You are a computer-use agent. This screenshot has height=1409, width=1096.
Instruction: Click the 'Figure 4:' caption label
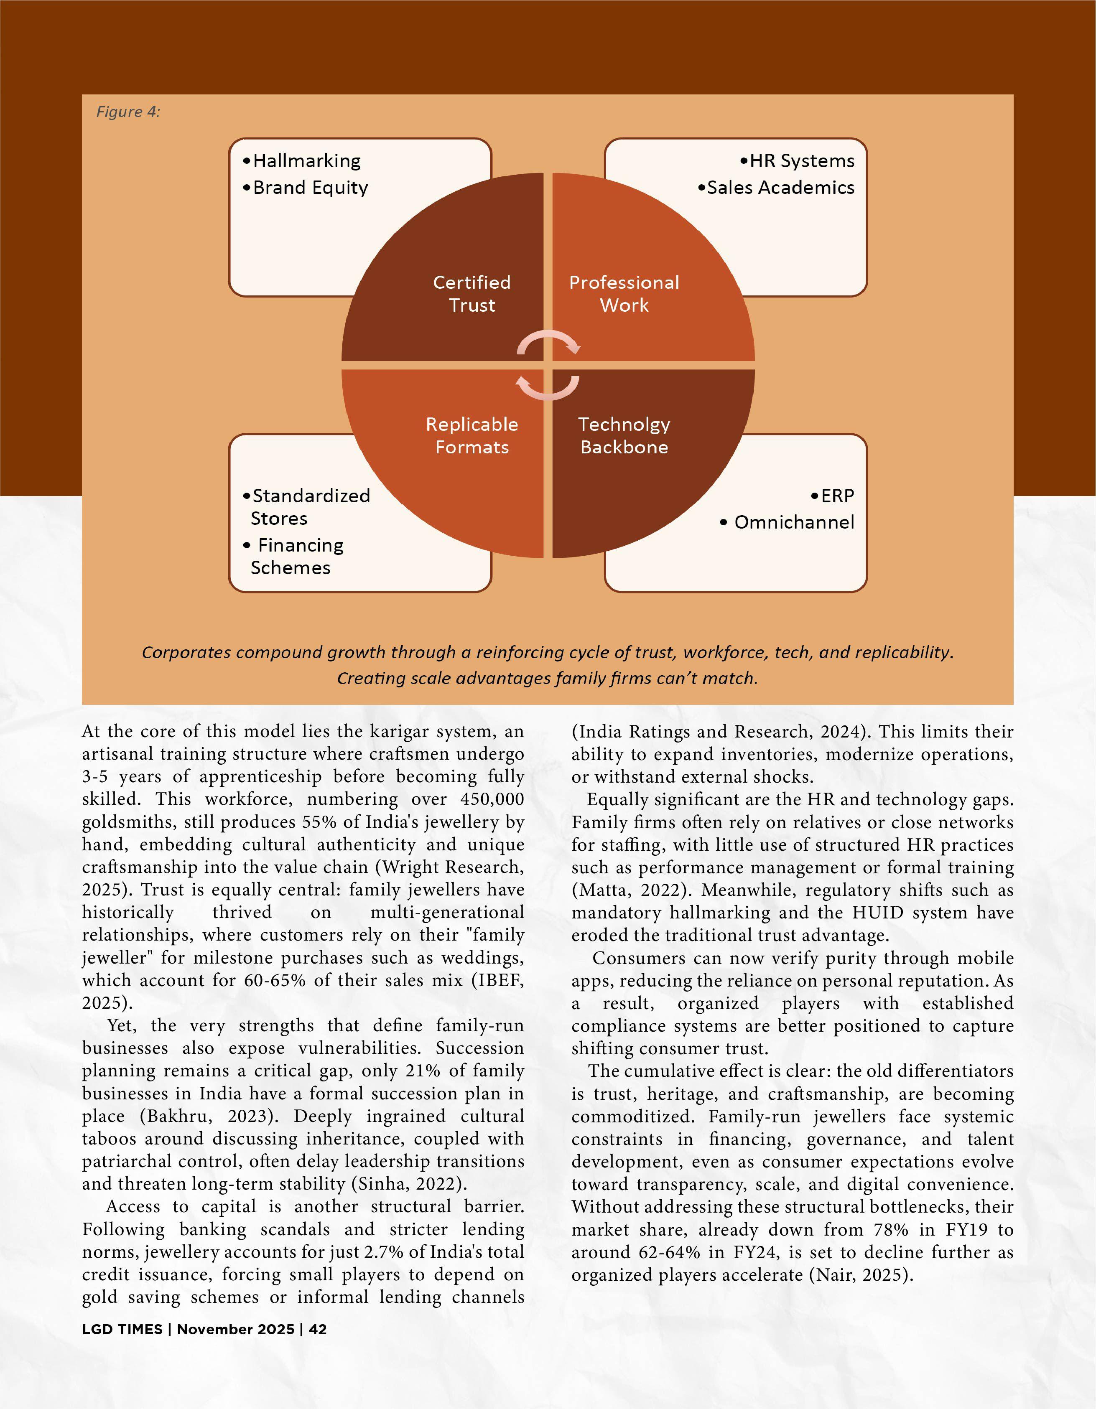[128, 112]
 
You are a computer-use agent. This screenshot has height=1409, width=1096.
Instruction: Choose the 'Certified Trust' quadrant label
[472, 293]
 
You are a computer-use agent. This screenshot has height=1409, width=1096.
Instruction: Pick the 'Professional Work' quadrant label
[624, 293]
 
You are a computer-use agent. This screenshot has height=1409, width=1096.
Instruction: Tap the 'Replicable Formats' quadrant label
[472, 435]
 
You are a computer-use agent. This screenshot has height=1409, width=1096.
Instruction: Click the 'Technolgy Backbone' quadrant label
[624, 435]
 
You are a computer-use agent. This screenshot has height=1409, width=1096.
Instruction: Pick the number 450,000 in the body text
[492, 799]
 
